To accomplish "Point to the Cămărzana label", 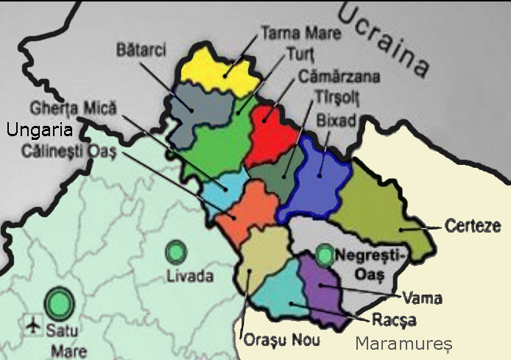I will (x=339, y=76).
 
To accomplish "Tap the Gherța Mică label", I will (x=73, y=107).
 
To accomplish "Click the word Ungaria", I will (x=38, y=131).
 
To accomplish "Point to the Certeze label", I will (x=473, y=226).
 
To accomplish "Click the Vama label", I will (x=423, y=299).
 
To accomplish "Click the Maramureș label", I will (x=403, y=343).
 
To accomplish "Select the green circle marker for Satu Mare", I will (x=59, y=302).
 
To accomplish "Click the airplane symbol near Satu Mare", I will (x=32, y=323).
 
